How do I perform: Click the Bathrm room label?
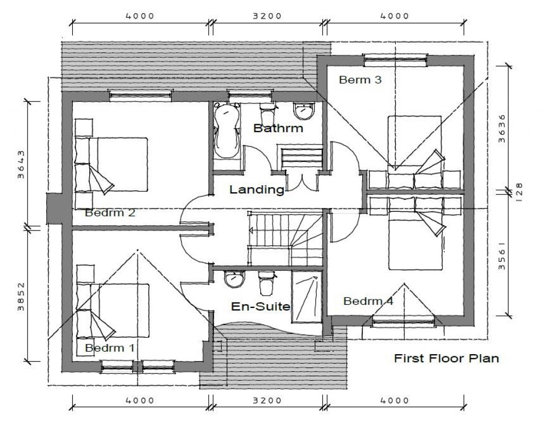point(278,128)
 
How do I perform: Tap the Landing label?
point(257,190)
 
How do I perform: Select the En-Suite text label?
point(260,306)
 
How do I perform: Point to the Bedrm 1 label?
point(110,348)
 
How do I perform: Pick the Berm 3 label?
point(360,80)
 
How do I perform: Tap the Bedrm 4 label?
point(368,301)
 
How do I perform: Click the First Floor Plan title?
point(446,358)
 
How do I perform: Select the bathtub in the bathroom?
point(227,131)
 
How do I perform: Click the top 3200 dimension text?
point(267,16)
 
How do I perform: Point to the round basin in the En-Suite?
point(233,279)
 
